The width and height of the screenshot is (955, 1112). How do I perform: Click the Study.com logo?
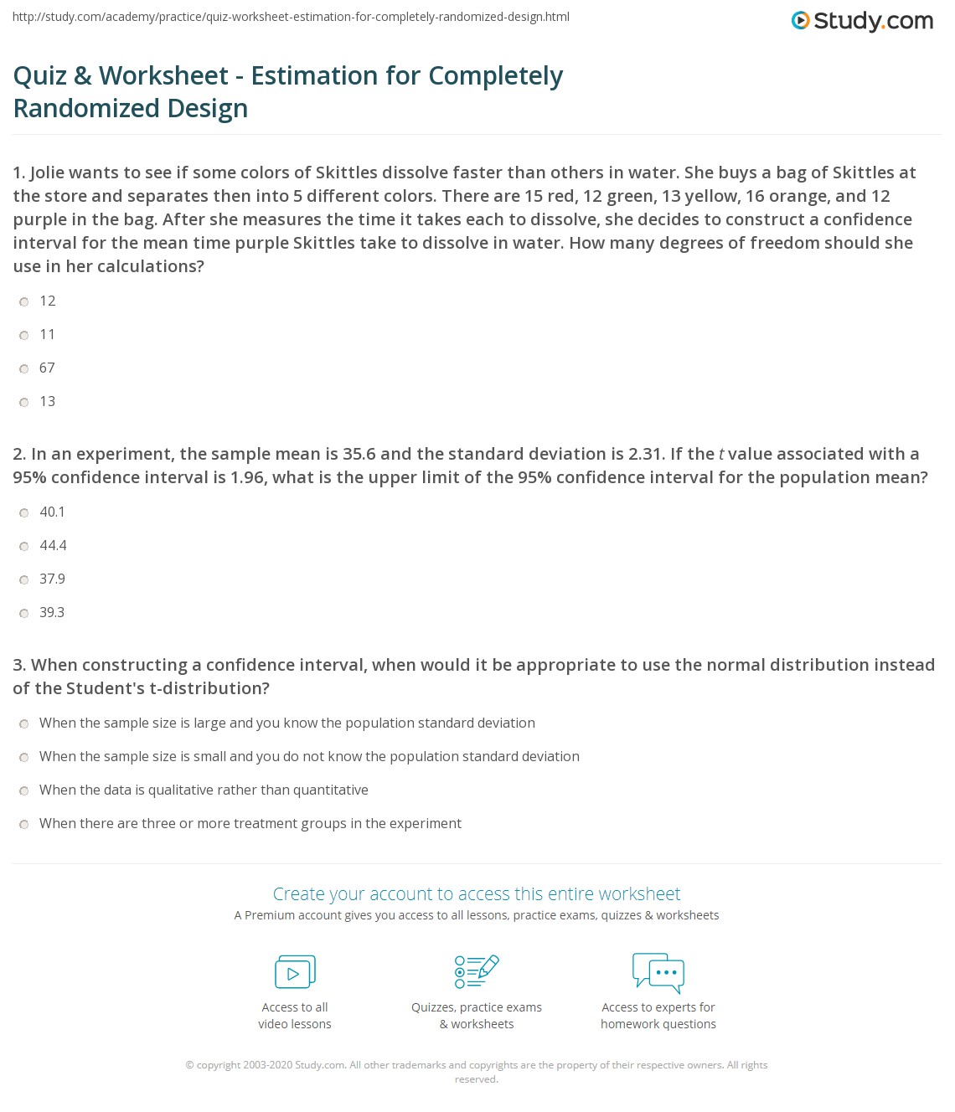(x=862, y=21)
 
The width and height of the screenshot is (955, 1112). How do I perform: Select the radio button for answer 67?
(x=24, y=368)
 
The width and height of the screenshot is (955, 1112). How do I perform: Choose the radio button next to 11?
(x=24, y=335)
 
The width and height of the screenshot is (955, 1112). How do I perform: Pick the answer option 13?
(x=47, y=401)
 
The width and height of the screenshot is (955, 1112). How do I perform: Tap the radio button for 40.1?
(x=24, y=512)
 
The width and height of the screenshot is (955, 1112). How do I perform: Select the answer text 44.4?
(x=53, y=545)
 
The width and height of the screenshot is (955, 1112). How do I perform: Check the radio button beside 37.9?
(x=24, y=579)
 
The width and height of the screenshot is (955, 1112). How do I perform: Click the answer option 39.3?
(x=52, y=612)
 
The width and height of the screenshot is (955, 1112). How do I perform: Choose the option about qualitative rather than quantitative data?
(x=204, y=790)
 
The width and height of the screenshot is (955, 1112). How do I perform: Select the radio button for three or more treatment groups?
(x=24, y=824)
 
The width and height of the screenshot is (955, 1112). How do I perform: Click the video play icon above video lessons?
(x=295, y=972)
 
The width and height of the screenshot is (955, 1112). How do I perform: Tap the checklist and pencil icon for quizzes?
(x=477, y=971)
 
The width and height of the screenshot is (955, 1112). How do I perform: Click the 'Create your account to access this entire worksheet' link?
(x=477, y=893)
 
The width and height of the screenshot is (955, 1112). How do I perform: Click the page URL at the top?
(x=291, y=17)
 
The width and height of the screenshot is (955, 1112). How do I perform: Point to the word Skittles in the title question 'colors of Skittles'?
(x=346, y=172)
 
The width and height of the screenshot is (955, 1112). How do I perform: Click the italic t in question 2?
(x=721, y=454)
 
